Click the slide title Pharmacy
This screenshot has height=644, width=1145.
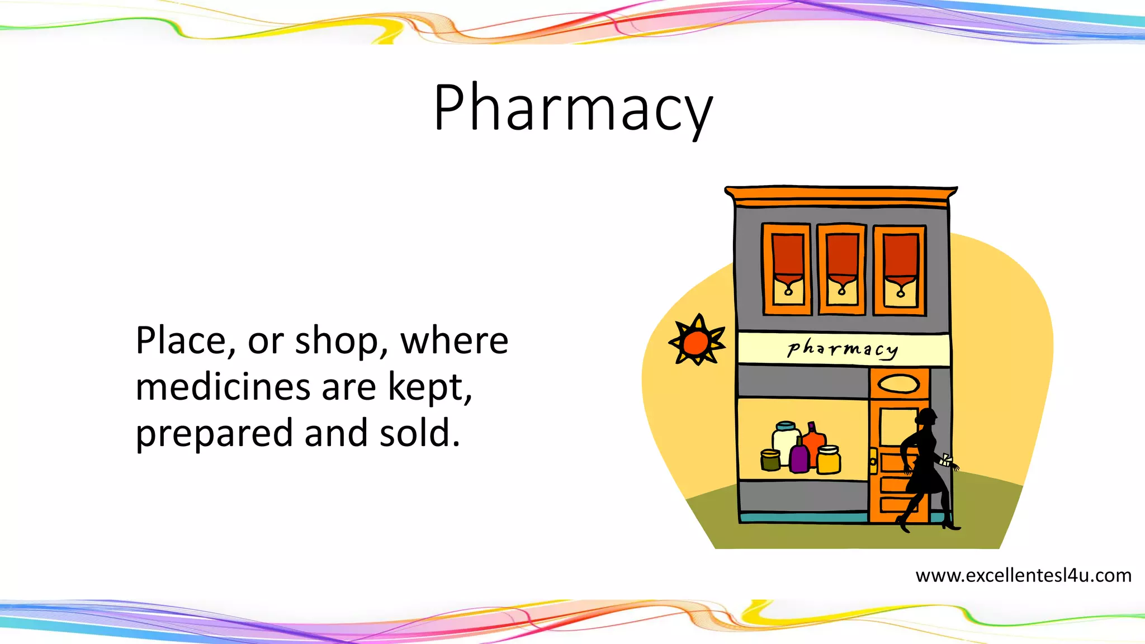[x=572, y=107]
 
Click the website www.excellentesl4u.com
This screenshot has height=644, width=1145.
[x=1023, y=575]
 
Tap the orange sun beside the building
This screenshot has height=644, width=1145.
[x=697, y=342]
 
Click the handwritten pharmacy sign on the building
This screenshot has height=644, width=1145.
[x=843, y=349]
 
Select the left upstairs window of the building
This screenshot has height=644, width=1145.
[x=787, y=269]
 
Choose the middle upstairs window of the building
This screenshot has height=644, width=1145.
[x=842, y=269]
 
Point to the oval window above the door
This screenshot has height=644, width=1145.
[x=898, y=384]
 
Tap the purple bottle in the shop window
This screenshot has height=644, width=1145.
[x=799, y=456]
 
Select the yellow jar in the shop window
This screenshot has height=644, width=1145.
[x=829, y=460]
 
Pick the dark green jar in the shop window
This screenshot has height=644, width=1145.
[x=770, y=460]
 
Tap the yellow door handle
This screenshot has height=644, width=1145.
[x=873, y=461]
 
